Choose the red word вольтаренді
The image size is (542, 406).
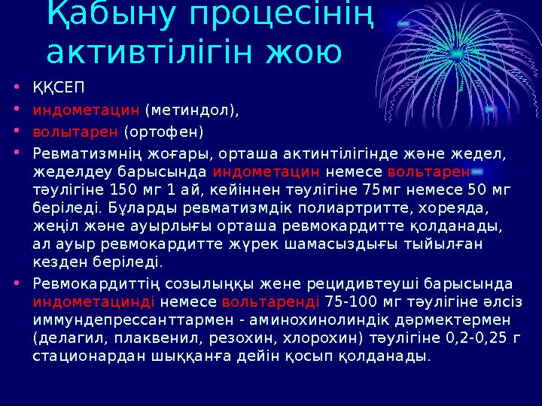(x=272, y=301)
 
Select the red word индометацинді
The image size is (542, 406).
(x=94, y=301)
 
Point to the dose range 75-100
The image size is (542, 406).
(x=352, y=301)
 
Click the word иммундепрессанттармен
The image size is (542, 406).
(x=117, y=320)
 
